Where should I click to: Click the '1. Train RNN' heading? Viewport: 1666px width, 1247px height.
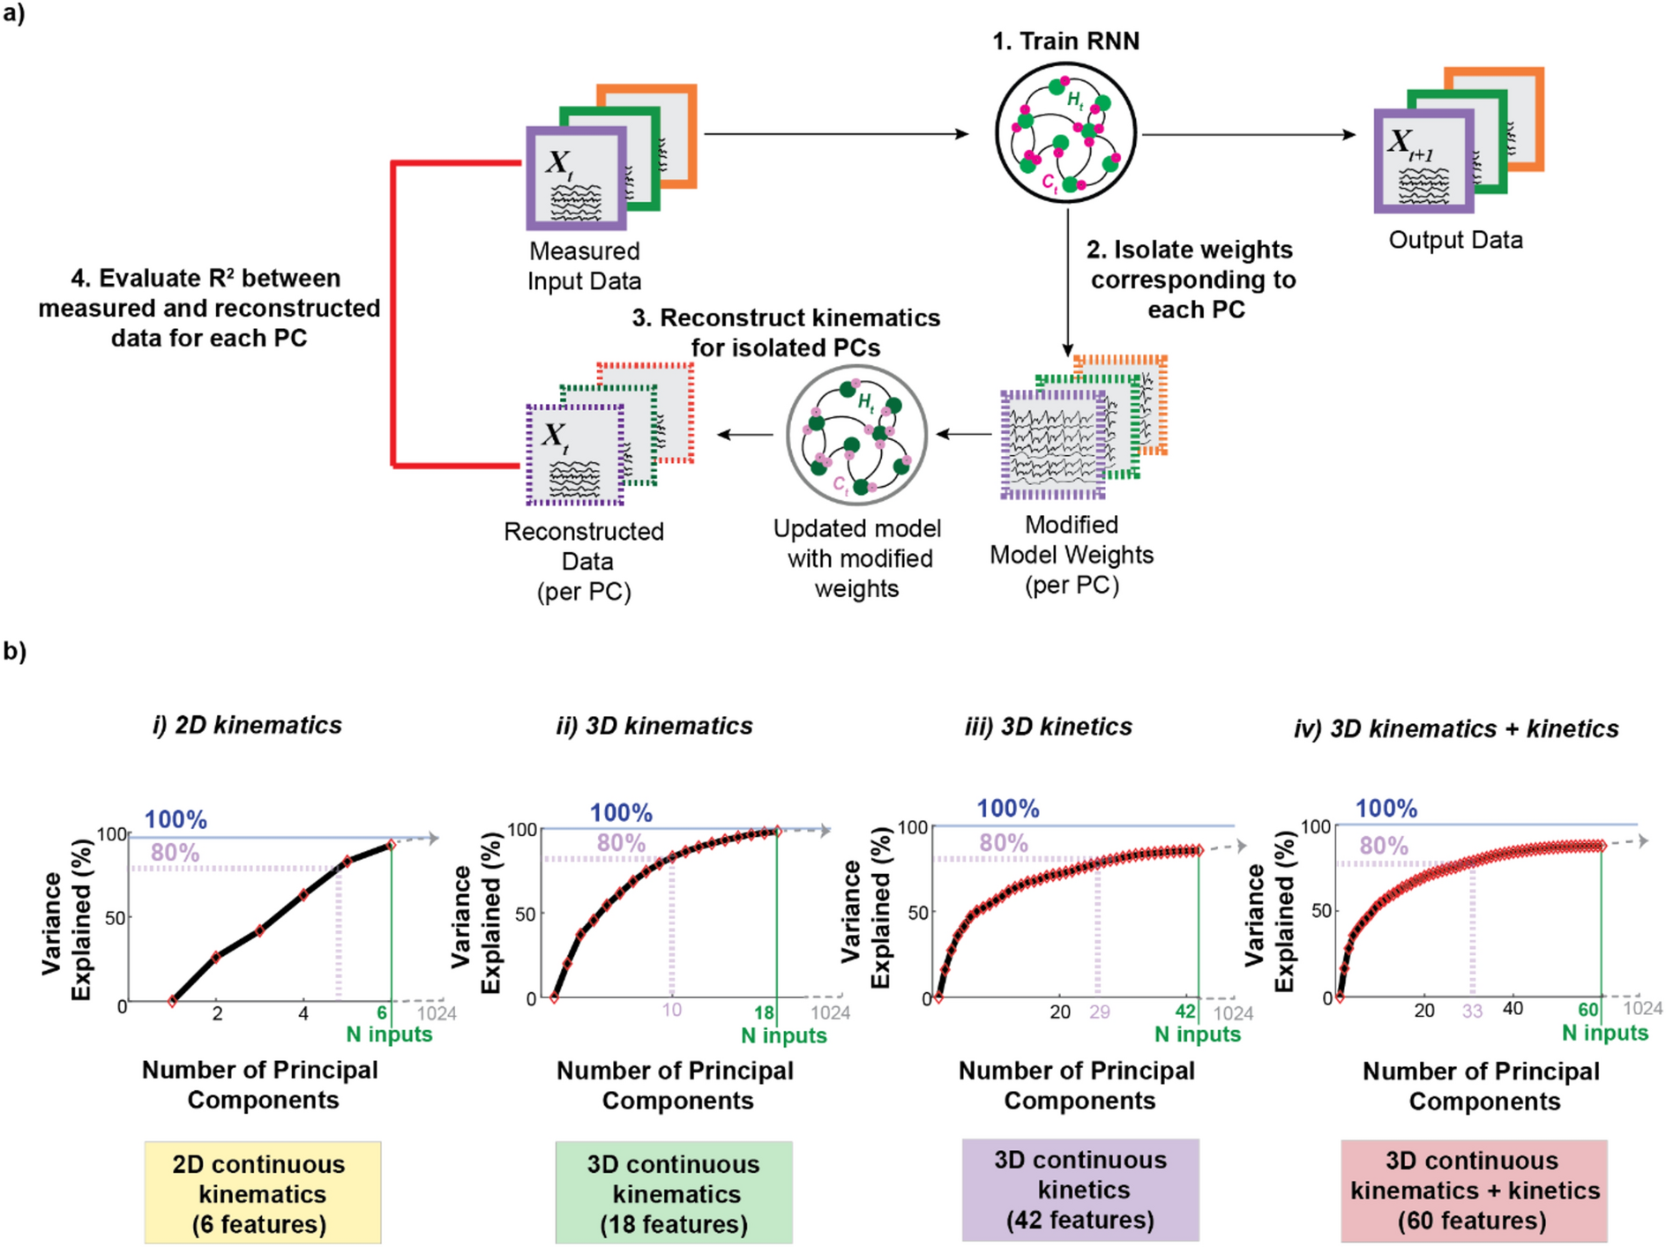click(x=1065, y=41)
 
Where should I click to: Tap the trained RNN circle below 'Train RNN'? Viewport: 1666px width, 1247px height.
click(x=1065, y=133)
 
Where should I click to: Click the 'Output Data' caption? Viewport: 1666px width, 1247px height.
click(x=1455, y=240)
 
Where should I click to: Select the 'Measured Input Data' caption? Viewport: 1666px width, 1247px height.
click(x=584, y=265)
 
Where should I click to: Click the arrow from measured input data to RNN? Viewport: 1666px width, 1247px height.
click(x=835, y=134)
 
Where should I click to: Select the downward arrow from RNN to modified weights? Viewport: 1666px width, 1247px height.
click(x=1067, y=282)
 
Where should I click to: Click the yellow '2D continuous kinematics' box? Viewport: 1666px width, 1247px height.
click(x=262, y=1193)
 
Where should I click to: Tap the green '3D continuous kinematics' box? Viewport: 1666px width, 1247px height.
click(x=674, y=1193)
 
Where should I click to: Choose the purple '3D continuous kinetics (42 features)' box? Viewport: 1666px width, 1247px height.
click(x=1080, y=1190)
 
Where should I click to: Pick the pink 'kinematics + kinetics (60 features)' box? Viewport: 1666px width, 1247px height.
click(x=1474, y=1191)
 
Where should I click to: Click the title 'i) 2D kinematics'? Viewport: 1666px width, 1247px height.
click(x=247, y=725)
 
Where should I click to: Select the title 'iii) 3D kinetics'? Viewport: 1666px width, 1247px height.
click(x=1048, y=727)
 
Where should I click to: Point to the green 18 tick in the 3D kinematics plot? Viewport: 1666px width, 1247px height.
click(x=764, y=1012)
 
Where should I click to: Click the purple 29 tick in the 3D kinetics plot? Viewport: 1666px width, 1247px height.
click(x=1099, y=1012)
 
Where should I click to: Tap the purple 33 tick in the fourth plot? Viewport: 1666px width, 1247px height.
click(x=1472, y=1011)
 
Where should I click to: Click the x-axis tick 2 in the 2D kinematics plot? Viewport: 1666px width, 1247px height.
click(x=217, y=1013)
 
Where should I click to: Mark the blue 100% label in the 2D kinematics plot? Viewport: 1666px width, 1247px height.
click(x=176, y=819)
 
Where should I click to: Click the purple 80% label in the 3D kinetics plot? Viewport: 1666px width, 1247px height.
click(x=1004, y=843)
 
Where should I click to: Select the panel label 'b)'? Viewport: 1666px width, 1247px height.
click(x=15, y=651)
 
